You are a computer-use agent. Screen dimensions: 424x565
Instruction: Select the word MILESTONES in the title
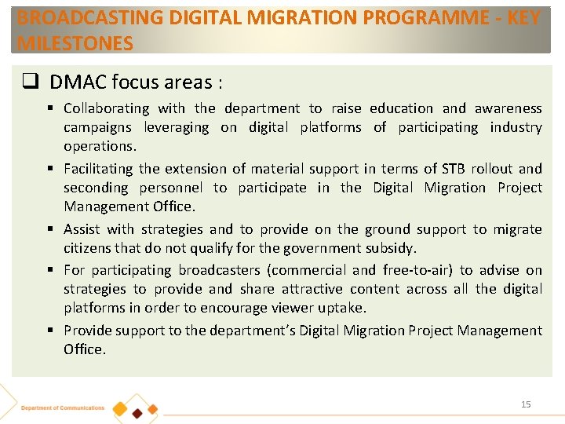click(75, 43)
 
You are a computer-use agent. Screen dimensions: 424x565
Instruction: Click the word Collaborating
click(106, 108)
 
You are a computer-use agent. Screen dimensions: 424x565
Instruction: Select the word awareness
click(508, 108)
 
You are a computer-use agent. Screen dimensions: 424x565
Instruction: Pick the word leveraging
click(177, 127)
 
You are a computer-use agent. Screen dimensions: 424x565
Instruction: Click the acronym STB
click(452, 169)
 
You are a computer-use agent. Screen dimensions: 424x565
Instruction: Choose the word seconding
click(94, 188)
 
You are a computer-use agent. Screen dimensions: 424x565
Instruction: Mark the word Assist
click(82, 229)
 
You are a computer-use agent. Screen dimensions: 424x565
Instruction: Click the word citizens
click(87, 248)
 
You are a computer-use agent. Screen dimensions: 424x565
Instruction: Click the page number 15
click(526, 404)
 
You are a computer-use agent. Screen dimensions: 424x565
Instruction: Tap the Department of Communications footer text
click(63, 408)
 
